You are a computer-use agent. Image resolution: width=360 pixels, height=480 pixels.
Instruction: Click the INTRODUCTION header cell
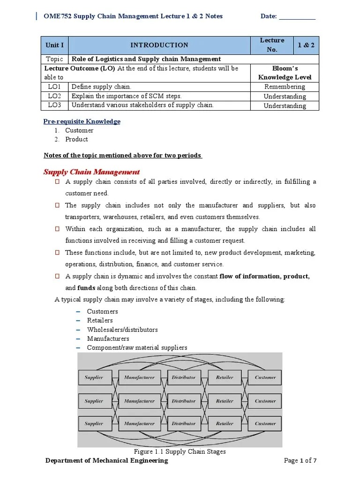coord(159,45)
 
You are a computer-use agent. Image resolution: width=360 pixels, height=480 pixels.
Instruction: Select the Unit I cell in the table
coord(55,45)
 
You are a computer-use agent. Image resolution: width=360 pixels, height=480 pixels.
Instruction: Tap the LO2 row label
coord(54,96)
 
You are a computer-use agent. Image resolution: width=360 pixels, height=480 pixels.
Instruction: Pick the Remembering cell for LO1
coord(285,87)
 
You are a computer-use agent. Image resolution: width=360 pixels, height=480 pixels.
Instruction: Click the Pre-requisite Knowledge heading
coord(82,121)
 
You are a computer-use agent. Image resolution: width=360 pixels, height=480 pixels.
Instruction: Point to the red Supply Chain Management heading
coord(91,172)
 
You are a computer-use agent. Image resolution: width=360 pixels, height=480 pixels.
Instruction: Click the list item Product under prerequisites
coord(76,139)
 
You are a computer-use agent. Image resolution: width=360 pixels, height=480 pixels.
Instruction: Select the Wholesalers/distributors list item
coord(122,330)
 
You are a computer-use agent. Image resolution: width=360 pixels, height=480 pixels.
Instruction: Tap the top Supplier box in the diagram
coord(94,377)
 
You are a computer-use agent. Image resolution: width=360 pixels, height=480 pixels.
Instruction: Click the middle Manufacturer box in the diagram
coord(139,401)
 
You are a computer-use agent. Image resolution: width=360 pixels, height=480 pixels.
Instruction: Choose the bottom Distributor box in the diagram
coord(184,423)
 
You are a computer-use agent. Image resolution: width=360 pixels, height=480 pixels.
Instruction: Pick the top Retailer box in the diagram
coord(225,377)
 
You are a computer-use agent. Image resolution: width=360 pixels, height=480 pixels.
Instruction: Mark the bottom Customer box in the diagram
coord(265,423)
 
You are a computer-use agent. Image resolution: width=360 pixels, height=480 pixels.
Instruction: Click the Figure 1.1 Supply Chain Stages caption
coord(180,451)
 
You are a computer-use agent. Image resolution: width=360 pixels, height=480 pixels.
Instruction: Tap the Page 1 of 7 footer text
coord(300,461)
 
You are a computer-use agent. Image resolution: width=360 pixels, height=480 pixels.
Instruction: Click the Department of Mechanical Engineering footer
coord(106,461)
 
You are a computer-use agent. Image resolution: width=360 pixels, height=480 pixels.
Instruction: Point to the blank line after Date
coord(297,16)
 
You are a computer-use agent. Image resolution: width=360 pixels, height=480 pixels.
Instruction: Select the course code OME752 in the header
coord(56,16)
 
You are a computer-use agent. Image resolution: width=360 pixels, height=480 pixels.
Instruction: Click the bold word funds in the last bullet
coord(86,288)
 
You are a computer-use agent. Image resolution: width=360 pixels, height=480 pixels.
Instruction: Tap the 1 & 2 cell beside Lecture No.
coord(307,45)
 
